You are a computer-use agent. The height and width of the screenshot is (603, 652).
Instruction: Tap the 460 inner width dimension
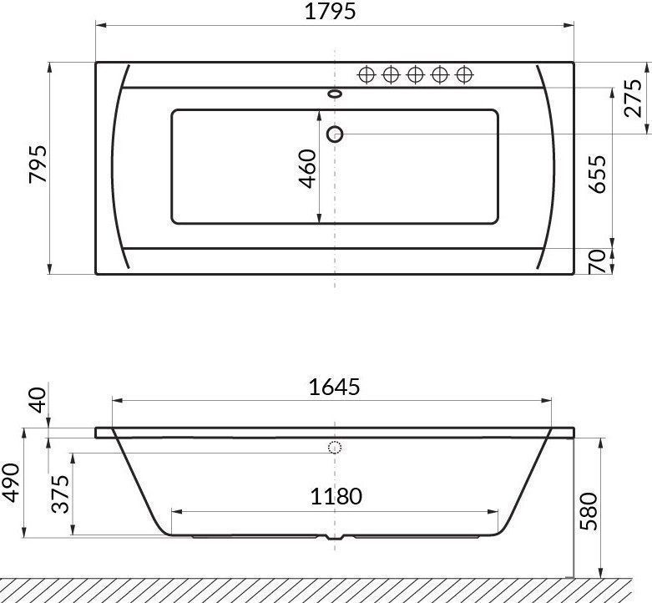tap(308, 168)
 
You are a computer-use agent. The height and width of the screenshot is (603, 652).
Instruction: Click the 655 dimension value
tap(598, 174)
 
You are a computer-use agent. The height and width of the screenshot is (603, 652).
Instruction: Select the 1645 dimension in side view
tap(333, 388)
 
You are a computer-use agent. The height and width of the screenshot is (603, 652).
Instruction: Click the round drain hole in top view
tap(336, 134)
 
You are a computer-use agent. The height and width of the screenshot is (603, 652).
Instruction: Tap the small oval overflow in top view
tap(336, 94)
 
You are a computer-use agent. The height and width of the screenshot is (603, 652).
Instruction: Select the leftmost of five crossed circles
tap(366, 75)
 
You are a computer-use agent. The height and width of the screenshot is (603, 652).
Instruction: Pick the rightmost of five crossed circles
tap(464, 75)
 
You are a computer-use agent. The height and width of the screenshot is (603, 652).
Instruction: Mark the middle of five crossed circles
tap(415, 75)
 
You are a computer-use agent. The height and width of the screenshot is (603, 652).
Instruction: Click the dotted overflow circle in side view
tap(336, 448)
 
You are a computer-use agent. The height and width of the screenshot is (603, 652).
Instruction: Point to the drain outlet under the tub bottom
tap(336, 539)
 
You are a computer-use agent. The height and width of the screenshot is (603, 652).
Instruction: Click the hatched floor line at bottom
tap(326, 589)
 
